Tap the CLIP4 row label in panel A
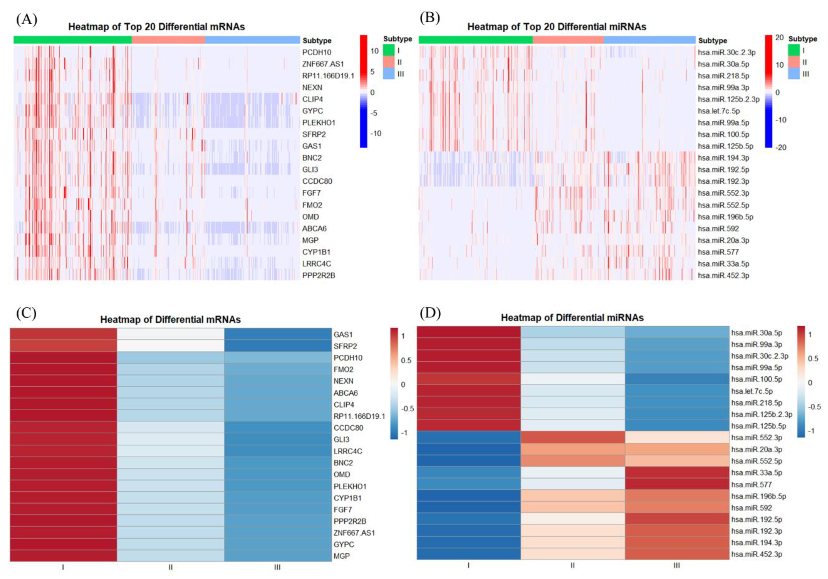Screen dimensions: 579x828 click(312, 99)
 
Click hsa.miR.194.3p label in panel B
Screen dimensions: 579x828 click(723, 158)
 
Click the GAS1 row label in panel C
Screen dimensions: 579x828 click(343, 335)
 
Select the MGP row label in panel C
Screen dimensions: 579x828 click(342, 556)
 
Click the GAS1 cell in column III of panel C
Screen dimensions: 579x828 click(278, 334)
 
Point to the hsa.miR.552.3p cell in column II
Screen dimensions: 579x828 click(573, 437)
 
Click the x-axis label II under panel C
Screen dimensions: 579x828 click(171, 567)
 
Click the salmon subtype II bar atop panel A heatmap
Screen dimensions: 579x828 click(168, 40)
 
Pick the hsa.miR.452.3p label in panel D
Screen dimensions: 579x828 click(756, 554)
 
